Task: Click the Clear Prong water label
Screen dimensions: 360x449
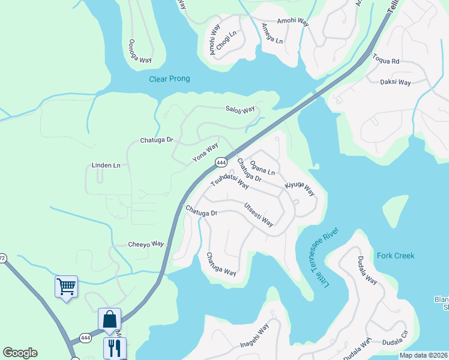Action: [169, 79]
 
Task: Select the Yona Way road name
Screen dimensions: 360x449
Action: [205, 153]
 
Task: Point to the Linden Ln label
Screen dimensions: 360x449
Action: [106, 165]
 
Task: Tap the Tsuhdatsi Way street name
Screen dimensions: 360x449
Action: [230, 182]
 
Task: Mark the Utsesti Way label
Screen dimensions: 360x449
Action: [259, 215]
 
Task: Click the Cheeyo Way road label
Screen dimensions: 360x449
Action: [146, 244]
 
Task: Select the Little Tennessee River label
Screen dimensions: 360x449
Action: [325, 256]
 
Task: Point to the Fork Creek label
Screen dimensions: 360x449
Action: [396, 256]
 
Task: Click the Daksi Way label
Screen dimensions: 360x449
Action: [396, 82]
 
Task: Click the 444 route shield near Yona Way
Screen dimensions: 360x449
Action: [221, 162]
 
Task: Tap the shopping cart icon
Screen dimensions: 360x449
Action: [66, 286]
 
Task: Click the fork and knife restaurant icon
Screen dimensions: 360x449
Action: [115, 347]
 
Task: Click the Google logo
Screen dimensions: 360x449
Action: [20, 352]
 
